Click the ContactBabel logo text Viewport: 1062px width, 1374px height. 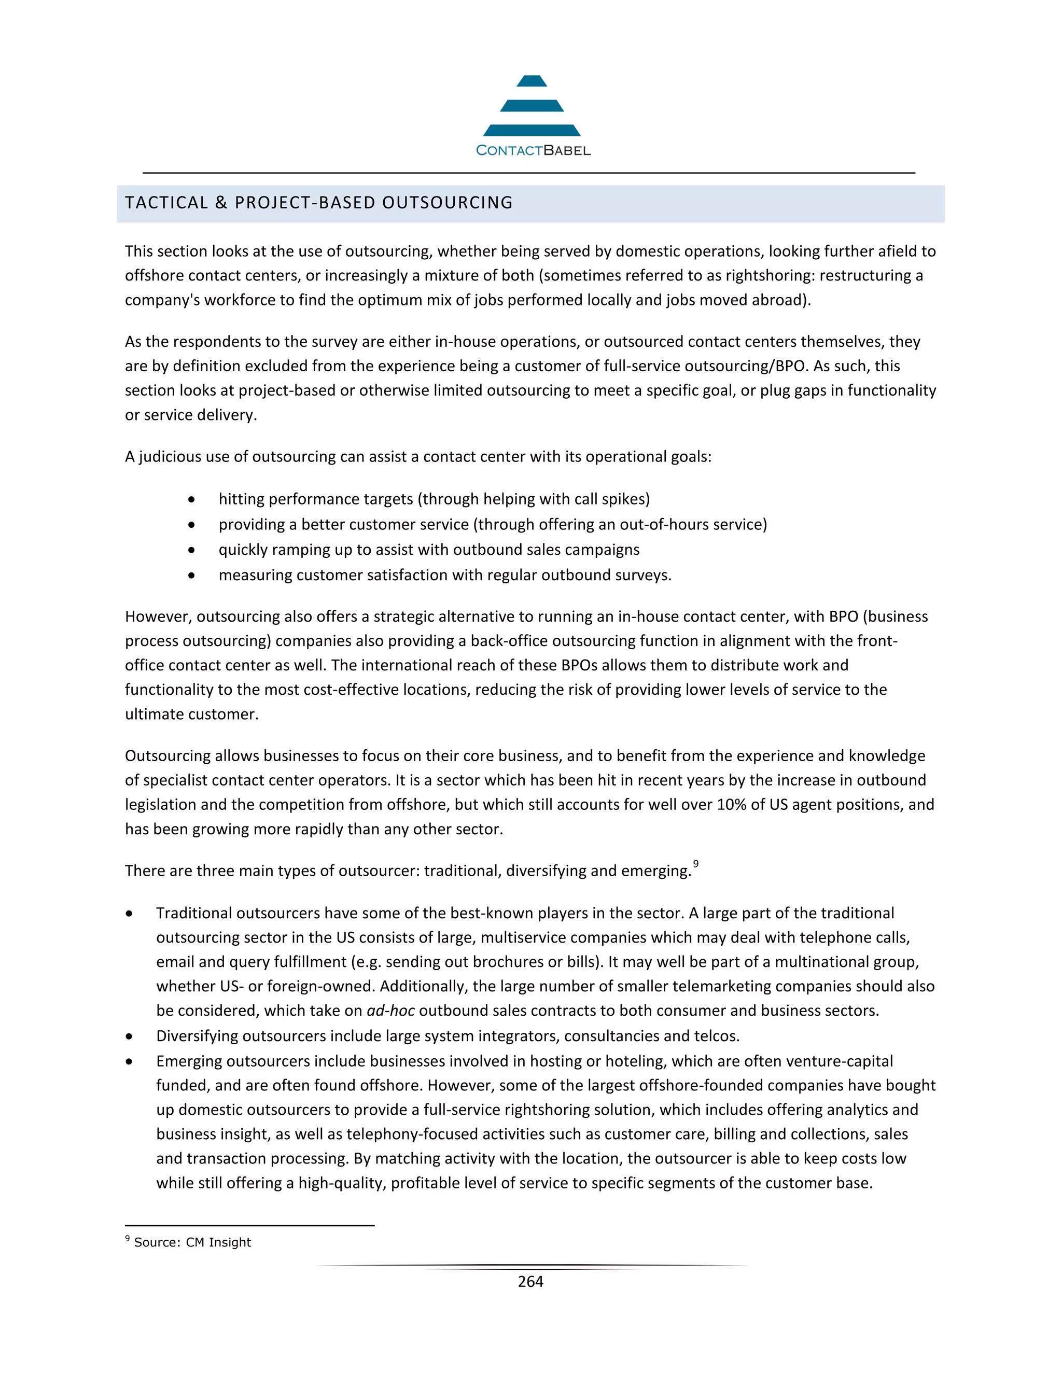pyautogui.click(x=533, y=150)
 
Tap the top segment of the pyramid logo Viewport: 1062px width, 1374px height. pyautogui.click(x=532, y=81)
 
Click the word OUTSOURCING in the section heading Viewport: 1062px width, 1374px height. pyautogui.click(x=448, y=203)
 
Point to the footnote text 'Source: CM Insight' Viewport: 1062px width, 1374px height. pyautogui.click(x=192, y=1242)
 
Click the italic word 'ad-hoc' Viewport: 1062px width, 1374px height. pyautogui.click(x=390, y=1011)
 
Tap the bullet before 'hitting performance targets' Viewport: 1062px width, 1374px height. pyautogui.click(x=191, y=499)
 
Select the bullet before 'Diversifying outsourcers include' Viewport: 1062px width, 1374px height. pyautogui.click(x=129, y=1036)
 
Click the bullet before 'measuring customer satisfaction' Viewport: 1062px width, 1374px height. pyautogui.click(x=191, y=576)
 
